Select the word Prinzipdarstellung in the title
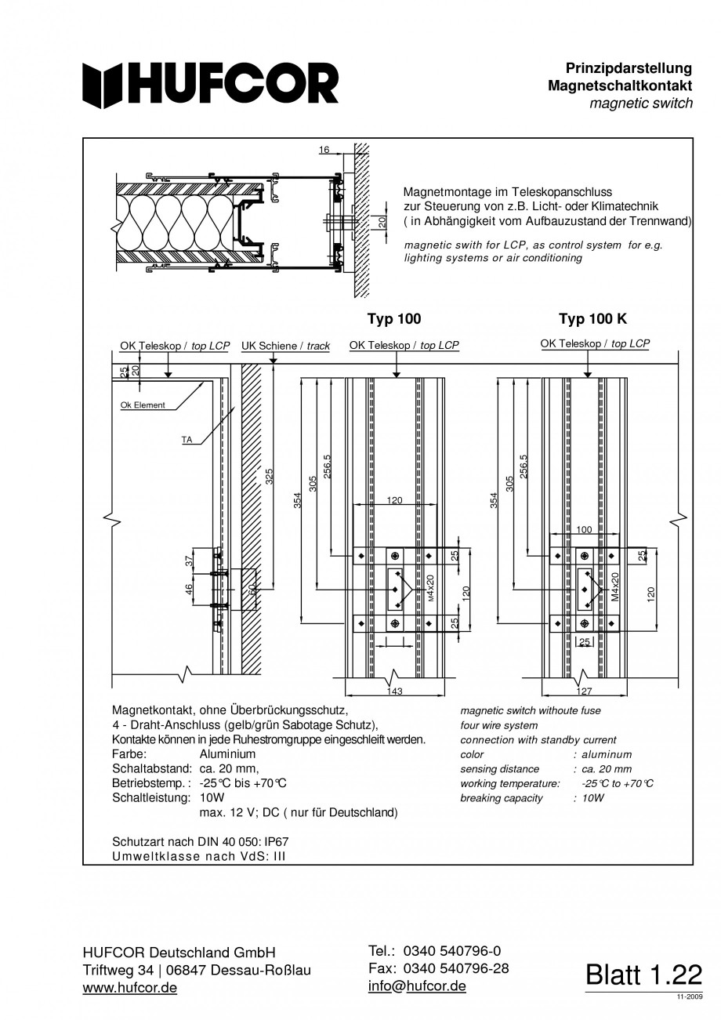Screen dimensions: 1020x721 629,69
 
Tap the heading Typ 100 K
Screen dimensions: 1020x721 592,319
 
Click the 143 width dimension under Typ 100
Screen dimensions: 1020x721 395,691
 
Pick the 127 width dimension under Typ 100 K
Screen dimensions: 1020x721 584,691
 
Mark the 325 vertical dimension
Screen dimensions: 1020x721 269,477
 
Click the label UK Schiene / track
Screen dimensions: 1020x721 285,346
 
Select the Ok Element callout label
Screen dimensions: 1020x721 142,405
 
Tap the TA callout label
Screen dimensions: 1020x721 187,440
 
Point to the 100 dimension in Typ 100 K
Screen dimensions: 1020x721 584,530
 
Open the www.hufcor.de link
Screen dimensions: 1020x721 129,988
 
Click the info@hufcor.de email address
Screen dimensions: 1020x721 417,986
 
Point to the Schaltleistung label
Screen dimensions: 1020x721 151,797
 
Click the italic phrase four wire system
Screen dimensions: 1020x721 499,725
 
